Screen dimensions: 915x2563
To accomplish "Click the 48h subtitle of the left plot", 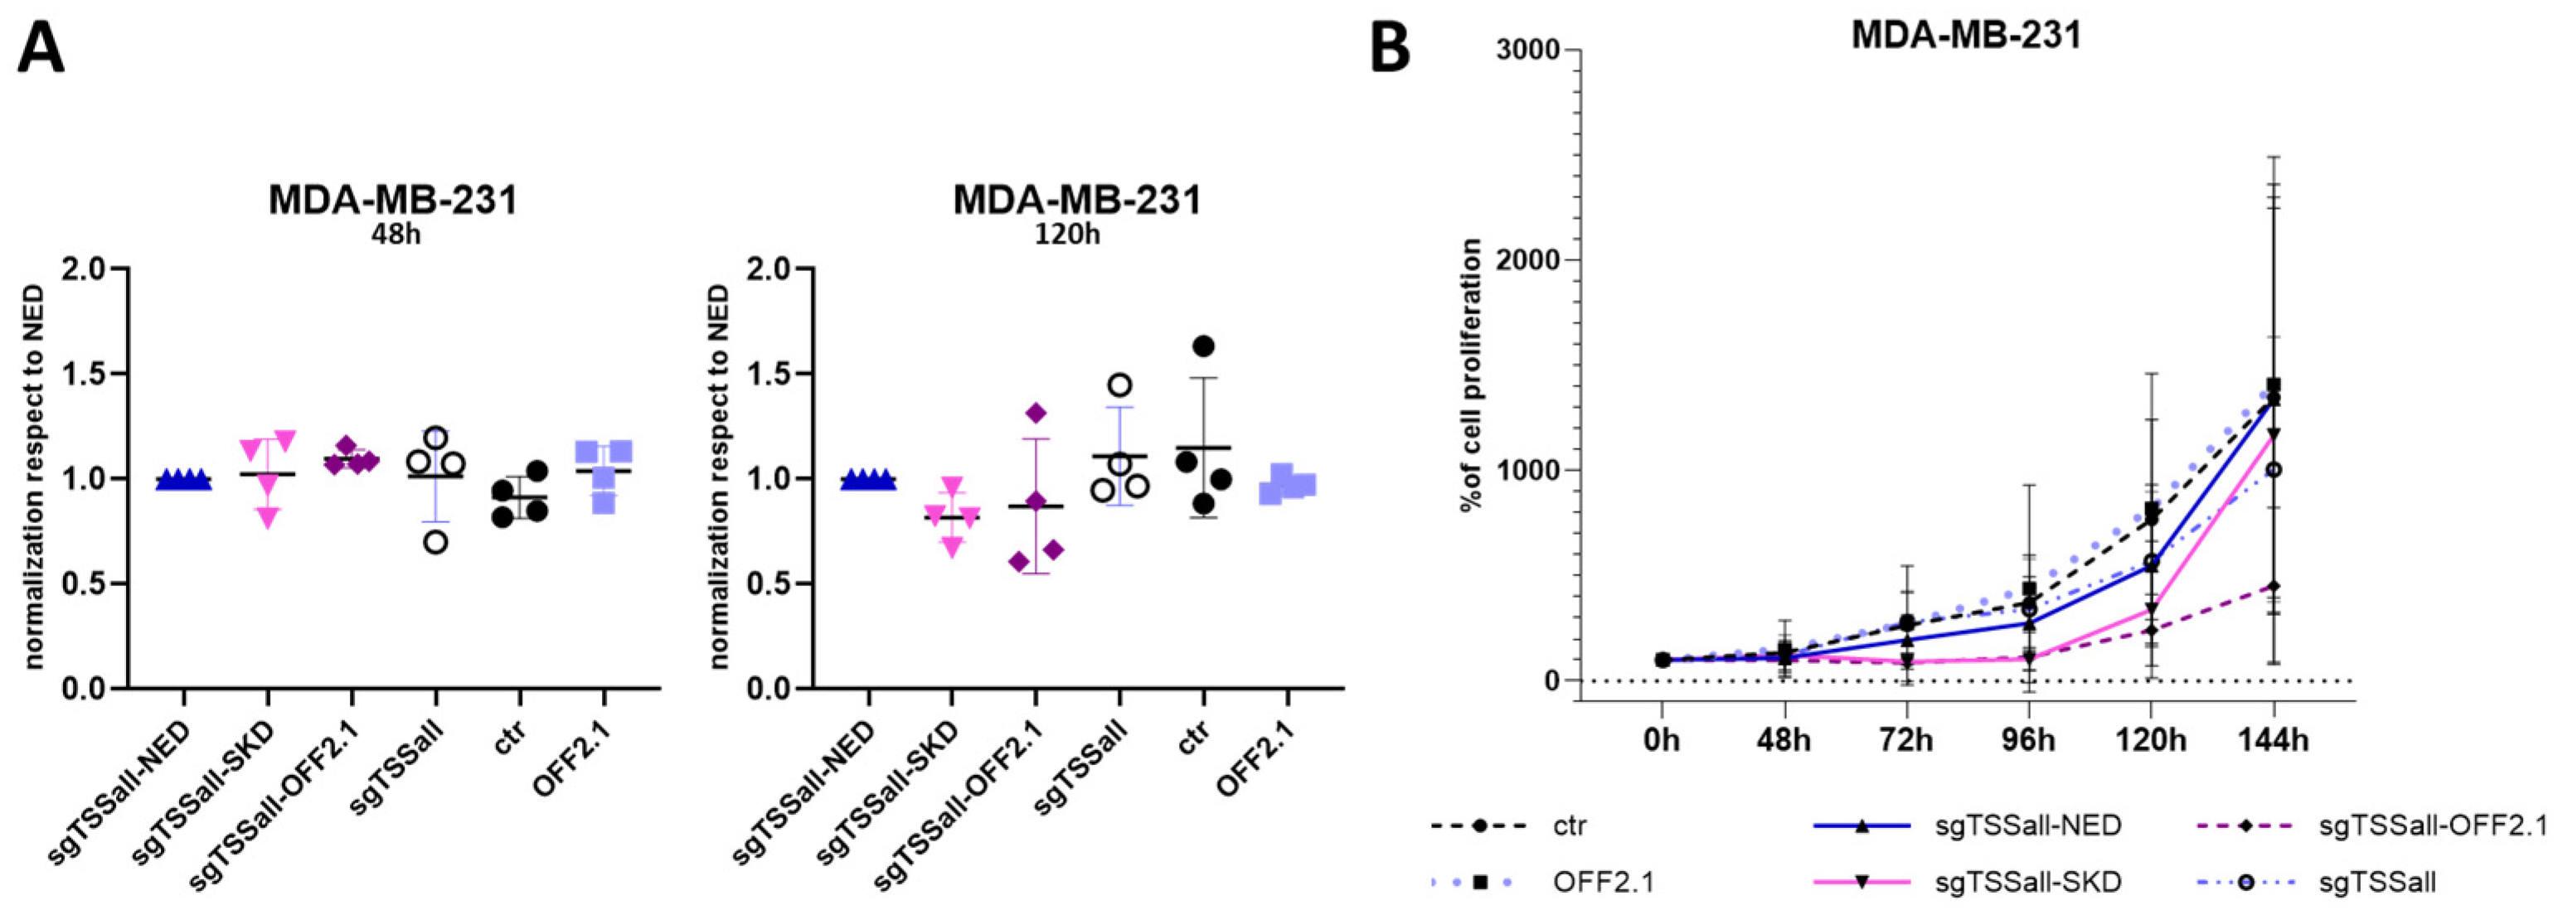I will coord(394,237).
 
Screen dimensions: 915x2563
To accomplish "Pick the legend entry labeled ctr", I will coord(1569,825).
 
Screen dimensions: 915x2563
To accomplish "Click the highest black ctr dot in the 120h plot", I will coord(1203,346).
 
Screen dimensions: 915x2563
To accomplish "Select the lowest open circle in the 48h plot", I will coord(434,541).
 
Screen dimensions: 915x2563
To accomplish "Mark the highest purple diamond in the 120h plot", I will coord(1036,413).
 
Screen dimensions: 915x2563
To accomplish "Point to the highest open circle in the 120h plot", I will coord(1119,385).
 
